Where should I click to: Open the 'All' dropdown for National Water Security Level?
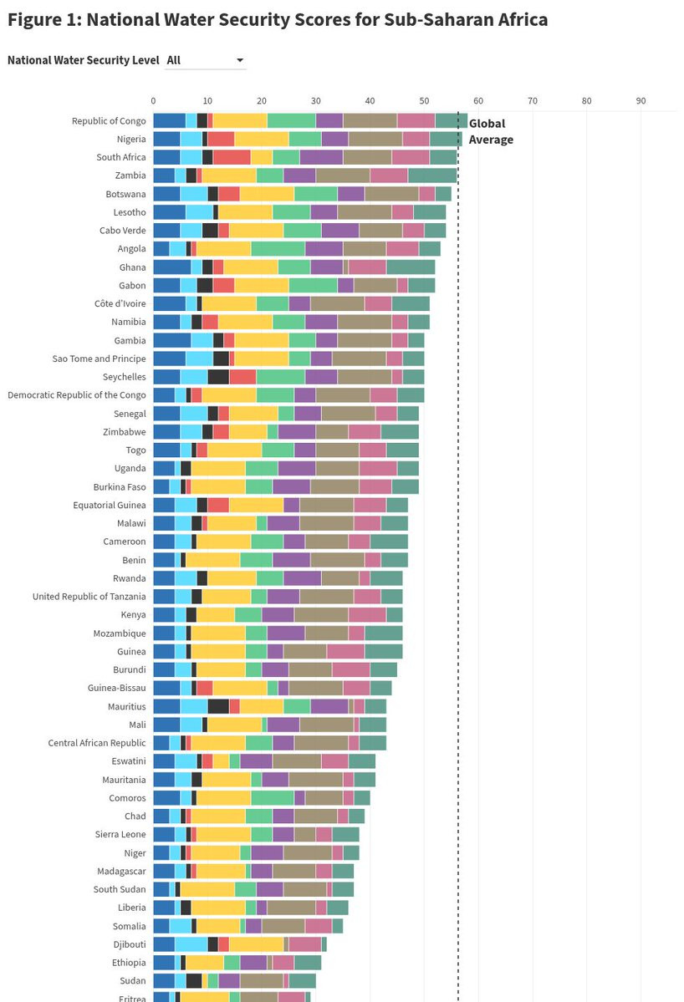pyautogui.click(x=206, y=60)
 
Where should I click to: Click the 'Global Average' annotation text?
pyautogui.click(x=490, y=131)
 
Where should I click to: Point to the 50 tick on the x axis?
pyautogui.click(x=424, y=101)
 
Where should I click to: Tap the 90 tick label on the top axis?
pyautogui.click(x=641, y=101)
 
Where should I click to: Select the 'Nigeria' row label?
pyautogui.click(x=131, y=139)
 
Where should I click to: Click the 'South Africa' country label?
pyautogui.click(x=121, y=157)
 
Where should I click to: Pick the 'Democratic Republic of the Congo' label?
pyautogui.click(x=77, y=394)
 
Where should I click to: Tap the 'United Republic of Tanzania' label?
pyautogui.click(x=89, y=596)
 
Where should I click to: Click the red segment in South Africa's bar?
pyautogui.click(x=232, y=157)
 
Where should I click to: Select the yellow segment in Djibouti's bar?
pyautogui.click(x=256, y=944)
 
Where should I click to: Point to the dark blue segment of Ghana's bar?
pyautogui.click(x=172, y=267)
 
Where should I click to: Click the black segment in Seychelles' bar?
pyautogui.click(x=218, y=376)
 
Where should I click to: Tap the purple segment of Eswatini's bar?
pyautogui.click(x=256, y=760)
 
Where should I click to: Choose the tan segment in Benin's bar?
pyautogui.click(x=337, y=559)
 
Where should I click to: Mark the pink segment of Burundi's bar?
pyautogui.click(x=351, y=669)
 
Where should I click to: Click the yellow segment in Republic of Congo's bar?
pyautogui.click(x=240, y=120)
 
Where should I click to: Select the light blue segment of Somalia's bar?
pyautogui.click(x=181, y=925)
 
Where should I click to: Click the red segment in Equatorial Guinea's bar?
pyautogui.click(x=218, y=505)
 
